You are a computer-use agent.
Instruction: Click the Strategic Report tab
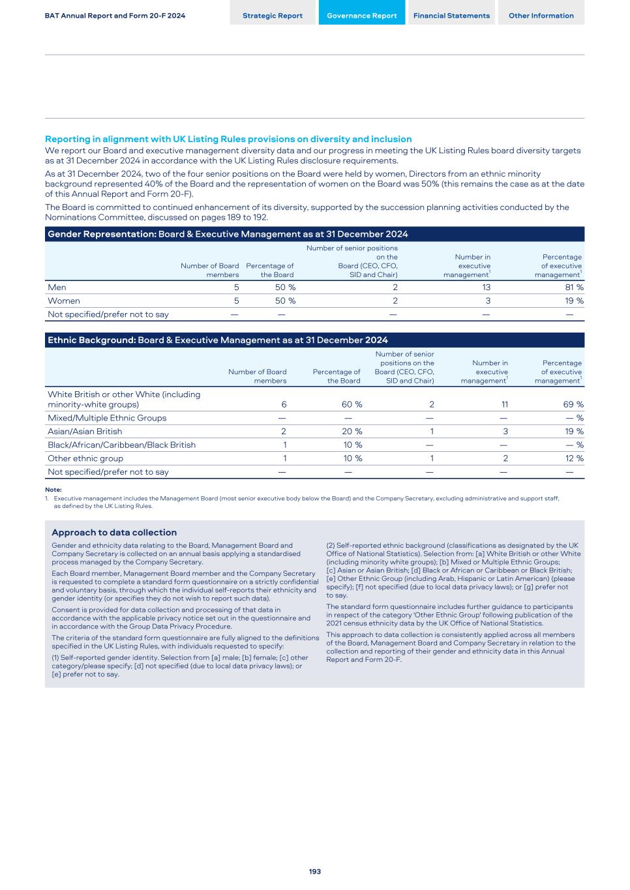[x=273, y=16]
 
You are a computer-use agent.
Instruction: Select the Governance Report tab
[x=361, y=16]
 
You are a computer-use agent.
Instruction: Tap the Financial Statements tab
[x=451, y=16]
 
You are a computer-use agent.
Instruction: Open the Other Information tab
[x=541, y=16]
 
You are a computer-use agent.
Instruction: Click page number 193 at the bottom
[x=315, y=872]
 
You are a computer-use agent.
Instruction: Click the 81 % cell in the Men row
[x=575, y=288]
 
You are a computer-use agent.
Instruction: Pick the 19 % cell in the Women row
[x=575, y=301]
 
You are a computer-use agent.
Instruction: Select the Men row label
[x=57, y=288]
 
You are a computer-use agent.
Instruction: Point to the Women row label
[x=64, y=301]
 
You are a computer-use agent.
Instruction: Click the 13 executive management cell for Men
[x=486, y=288]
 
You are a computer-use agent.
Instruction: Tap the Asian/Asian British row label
[x=85, y=432]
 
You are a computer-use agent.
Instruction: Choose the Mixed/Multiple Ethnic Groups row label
[x=107, y=418]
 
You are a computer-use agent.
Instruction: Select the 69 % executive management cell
[x=573, y=405]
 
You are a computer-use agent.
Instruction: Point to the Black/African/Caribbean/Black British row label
[x=121, y=445]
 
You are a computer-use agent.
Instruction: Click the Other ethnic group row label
[x=85, y=458]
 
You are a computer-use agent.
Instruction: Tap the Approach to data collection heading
[x=114, y=533]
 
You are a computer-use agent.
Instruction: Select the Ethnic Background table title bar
[x=314, y=340]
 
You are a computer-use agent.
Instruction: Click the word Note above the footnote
[x=53, y=490]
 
